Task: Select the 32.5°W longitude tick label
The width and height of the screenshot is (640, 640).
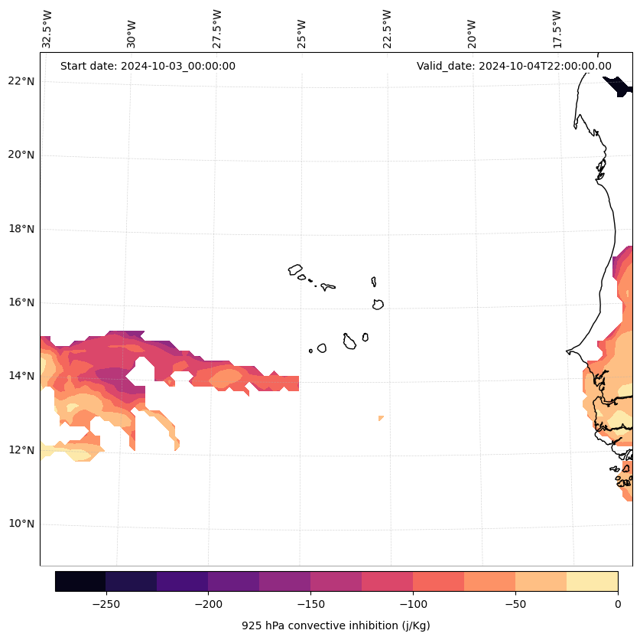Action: point(47,28)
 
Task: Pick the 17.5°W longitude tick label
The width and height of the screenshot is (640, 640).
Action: point(557,28)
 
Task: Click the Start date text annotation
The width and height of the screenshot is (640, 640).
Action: point(148,66)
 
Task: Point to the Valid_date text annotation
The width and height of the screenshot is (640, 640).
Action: point(514,66)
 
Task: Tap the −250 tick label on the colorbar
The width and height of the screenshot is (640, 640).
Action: point(106,604)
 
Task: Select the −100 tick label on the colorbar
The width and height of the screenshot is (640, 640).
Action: point(413,604)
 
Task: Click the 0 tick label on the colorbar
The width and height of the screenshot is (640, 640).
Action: point(617,604)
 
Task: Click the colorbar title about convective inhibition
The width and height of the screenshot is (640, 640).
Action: point(336,625)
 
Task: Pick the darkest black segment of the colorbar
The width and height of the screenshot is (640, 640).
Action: point(80,581)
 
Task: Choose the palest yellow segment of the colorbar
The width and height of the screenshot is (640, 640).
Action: point(592,581)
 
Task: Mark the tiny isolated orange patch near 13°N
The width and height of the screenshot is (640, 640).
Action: point(380,418)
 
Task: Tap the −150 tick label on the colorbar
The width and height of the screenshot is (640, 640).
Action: point(310,604)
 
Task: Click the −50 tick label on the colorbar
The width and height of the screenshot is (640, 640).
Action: point(515,604)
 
